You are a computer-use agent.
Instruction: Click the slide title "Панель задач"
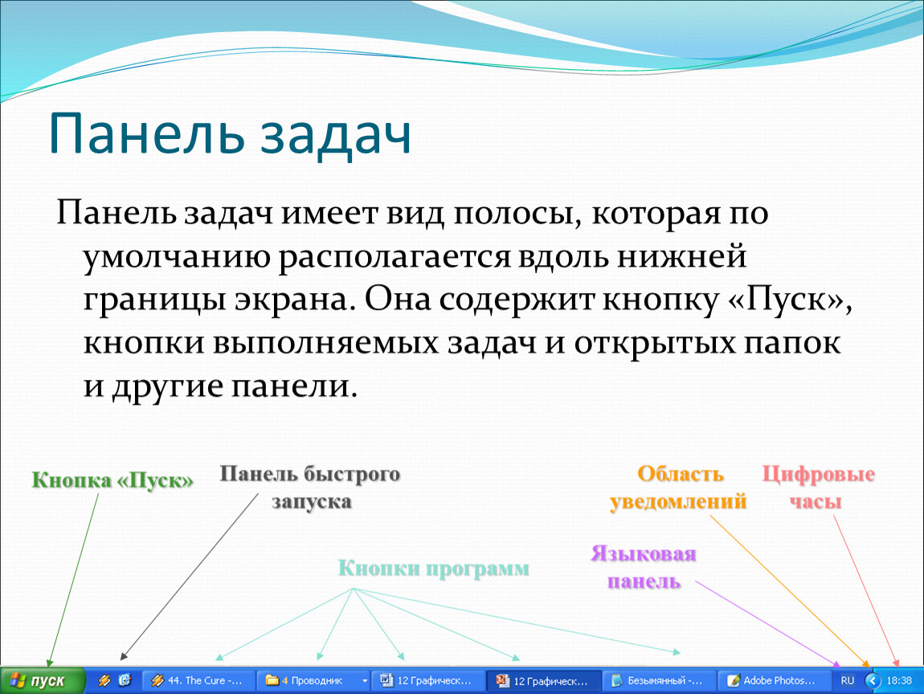point(230,134)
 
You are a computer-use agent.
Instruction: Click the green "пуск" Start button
point(43,680)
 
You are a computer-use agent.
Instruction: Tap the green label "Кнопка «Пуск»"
point(112,480)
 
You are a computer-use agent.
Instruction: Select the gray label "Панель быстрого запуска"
point(310,488)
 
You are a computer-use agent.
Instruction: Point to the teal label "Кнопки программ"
point(434,569)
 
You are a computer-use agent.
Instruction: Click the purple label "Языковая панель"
point(644,567)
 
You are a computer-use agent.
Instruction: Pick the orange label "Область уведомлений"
point(678,488)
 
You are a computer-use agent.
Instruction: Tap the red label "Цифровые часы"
point(818,488)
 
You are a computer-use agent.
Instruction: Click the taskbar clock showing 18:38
point(899,680)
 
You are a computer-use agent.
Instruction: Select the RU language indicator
point(848,680)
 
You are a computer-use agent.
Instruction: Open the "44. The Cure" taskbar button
point(198,680)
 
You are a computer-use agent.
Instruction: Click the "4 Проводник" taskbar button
point(313,680)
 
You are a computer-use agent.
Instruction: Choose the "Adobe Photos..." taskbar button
point(773,680)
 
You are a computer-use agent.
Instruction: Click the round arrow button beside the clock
point(873,680)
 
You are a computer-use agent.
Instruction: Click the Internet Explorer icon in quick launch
point(125,680)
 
